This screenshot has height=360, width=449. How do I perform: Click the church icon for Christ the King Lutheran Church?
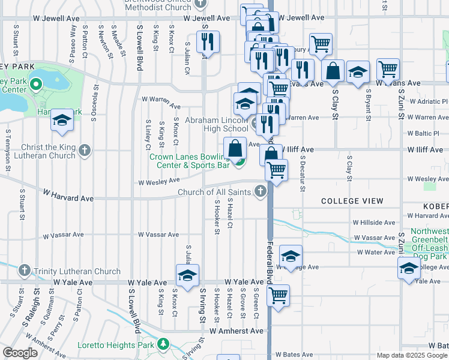(85, 149)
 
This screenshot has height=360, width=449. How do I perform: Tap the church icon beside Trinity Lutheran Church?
(24, 271)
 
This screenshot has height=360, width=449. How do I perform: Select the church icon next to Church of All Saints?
(260, 192)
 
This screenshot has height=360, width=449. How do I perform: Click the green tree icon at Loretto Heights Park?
(162, 344)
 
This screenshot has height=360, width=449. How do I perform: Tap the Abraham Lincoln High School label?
(216, 124)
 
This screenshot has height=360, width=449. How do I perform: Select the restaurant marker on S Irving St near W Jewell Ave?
(208, 41)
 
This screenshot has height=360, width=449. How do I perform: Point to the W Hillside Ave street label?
(374, 222)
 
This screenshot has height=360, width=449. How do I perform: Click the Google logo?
(20, 353)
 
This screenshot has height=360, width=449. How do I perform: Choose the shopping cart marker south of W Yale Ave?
(278, 295)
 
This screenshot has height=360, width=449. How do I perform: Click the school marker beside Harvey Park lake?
(62, 120)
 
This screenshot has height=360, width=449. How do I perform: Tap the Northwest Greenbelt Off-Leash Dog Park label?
(429, 244)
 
